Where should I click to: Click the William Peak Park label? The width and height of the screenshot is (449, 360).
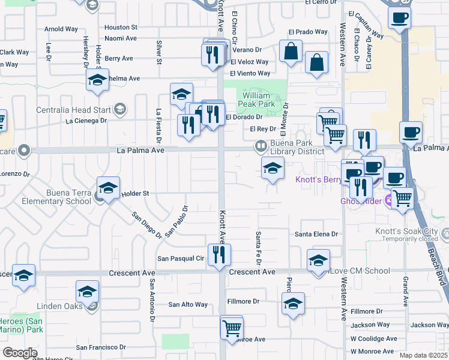click(259, 100)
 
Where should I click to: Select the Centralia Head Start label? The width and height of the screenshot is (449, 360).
click(73, 110)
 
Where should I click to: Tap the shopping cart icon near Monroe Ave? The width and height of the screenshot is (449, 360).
click(231, 328)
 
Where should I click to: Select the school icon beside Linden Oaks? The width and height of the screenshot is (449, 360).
click(87, 292)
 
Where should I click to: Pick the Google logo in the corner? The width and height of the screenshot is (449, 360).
click(20, 353)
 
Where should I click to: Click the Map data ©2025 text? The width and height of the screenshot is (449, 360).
click(423, 355)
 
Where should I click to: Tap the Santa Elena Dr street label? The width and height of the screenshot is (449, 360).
click(316, 234)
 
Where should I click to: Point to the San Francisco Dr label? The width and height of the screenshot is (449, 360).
click(101, 347)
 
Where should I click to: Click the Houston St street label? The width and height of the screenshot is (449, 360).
click(121, 28)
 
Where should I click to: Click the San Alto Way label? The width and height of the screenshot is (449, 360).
click(187, 304)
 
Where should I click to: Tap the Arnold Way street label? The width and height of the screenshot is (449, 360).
click(61, 29)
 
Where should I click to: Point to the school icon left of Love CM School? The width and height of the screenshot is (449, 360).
click(318, 260)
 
